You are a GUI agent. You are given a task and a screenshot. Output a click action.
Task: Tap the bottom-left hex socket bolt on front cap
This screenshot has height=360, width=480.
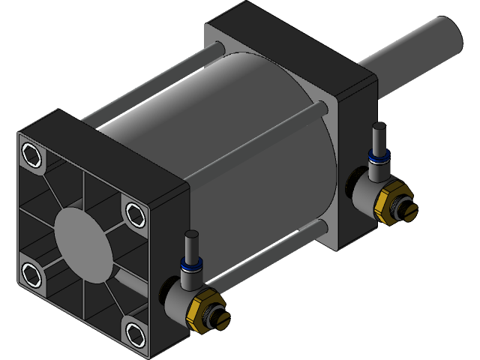click(32, 273)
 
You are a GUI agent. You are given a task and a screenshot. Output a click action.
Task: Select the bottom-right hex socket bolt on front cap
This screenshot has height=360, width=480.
click(134, 331)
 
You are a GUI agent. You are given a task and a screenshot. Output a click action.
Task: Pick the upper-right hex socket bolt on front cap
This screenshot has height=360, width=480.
click(135, 214)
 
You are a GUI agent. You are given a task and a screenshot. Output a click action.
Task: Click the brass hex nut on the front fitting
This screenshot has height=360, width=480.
click(202, 310)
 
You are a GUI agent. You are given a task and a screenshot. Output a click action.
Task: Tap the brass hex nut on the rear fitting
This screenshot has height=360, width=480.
click(391, 202)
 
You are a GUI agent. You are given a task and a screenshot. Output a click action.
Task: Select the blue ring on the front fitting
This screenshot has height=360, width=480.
click(189, 265)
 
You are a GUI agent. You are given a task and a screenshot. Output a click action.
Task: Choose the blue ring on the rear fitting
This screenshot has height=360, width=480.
click(377, 157)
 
